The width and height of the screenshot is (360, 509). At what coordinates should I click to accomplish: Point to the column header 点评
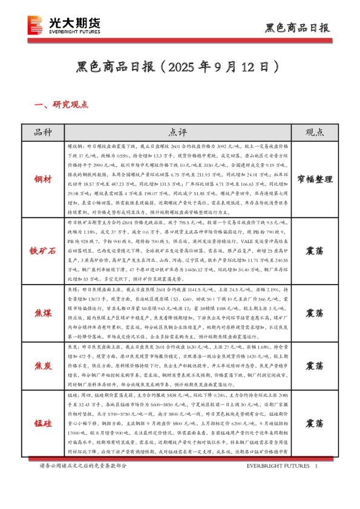178,132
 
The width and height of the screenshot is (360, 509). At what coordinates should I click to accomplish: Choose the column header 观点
314,132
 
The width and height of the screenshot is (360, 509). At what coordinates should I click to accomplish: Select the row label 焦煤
43,313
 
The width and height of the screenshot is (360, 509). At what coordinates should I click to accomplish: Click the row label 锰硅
43,422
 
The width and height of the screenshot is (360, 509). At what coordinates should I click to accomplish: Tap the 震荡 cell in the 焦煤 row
314,313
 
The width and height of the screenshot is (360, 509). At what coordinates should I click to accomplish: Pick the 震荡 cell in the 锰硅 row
314,422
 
